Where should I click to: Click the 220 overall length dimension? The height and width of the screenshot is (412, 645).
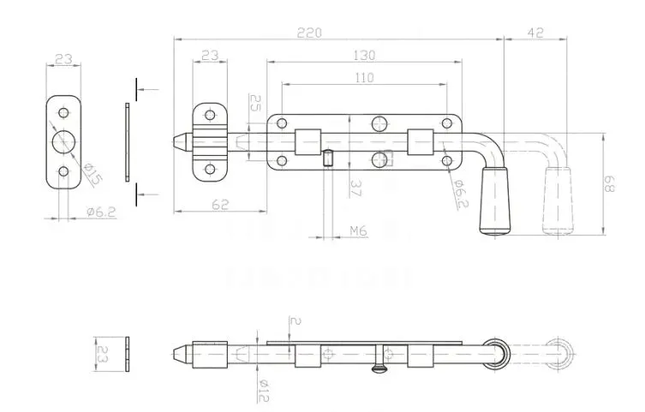pos(309,32)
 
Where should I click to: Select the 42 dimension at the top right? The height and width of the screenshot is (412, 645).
pos(535,32)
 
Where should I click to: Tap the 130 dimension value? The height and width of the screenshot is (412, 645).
pos(364,56)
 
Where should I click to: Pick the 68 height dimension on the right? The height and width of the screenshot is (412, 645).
pos(609,182)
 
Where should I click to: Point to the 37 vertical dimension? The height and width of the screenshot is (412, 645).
pos(354,187)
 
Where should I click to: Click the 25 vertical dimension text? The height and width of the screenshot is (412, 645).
pos(255,104)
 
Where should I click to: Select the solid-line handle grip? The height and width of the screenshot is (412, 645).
pos(496,201)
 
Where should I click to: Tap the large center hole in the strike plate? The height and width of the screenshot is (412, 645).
pos(63,142)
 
